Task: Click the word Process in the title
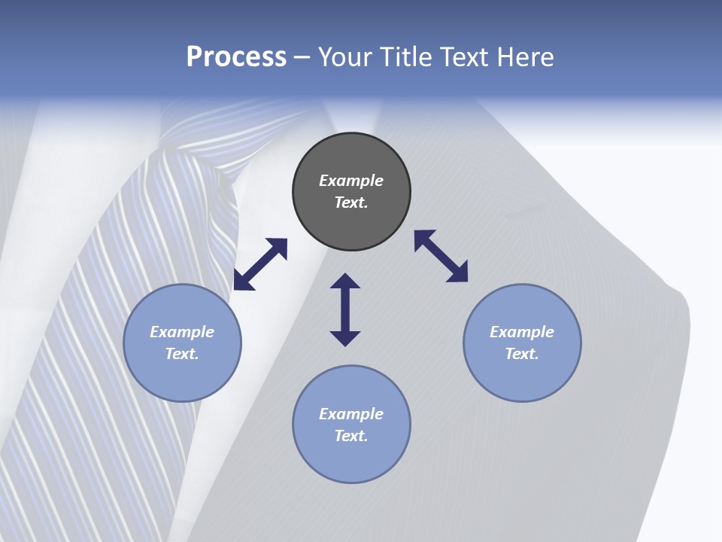pos(236,57)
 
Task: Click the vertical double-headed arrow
pos(345,309)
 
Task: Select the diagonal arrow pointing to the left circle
pos(260,264)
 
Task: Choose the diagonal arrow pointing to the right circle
pos(441,256)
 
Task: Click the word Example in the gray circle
pos(351,181)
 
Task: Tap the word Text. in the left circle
pos(182,354)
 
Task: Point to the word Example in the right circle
pos(522,332)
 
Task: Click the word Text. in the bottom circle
pos(351,436)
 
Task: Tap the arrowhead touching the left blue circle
pos(242,282)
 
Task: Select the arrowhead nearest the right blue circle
pos(458,273)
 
